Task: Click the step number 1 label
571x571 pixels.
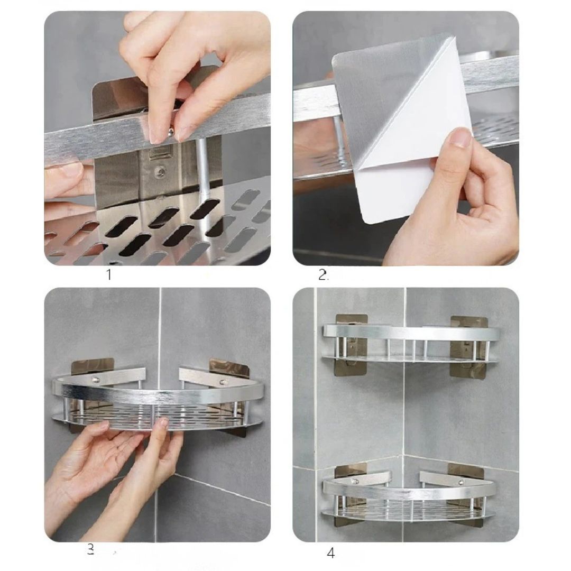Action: pyautogui.click(x=109, y=274)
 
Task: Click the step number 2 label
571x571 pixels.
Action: pyautogui.click(x=323, y=274)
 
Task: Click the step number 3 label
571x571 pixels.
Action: pyautogui.click(x=90, y=550)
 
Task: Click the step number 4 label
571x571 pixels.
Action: pyautogui.click(x=330, y=554)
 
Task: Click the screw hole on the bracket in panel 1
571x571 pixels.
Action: pyautogui.click(x=157, y=171)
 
